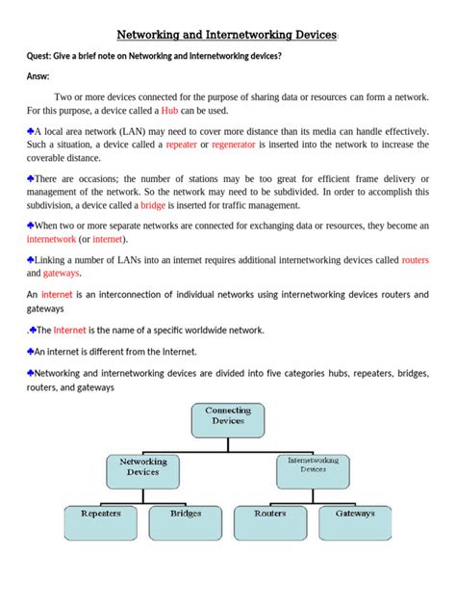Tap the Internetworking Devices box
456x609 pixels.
(x=313, y=466)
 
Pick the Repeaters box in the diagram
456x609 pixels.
(x=101, y=521)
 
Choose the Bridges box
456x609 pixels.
(x=186, y=521)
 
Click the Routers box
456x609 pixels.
(x=270, y=521)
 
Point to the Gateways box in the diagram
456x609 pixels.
(x=355, y=521)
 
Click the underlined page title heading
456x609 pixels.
(x=227, y=36)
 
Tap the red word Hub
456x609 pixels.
(x=170, y=111)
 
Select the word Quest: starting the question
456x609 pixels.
(x=44, y=56)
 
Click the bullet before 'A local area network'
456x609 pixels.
(x=31, y=128)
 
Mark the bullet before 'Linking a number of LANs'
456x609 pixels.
(x=31, y=260)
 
